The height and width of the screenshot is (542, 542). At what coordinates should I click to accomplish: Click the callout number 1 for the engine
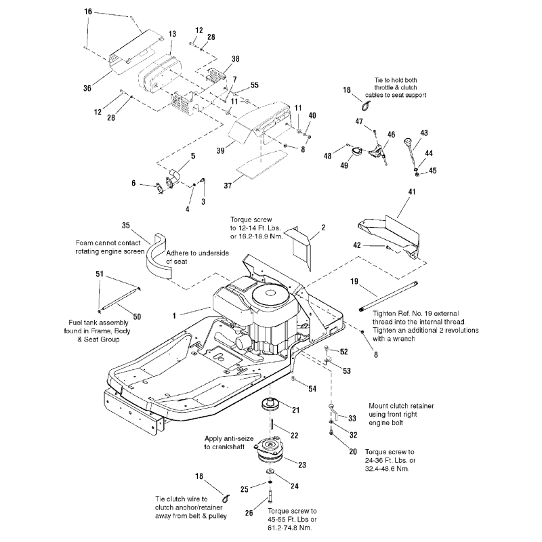pyautogui.click(x=175, y=315)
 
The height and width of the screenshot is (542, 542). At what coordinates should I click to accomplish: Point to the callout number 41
pyautogui.click(x=411, y=193)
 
